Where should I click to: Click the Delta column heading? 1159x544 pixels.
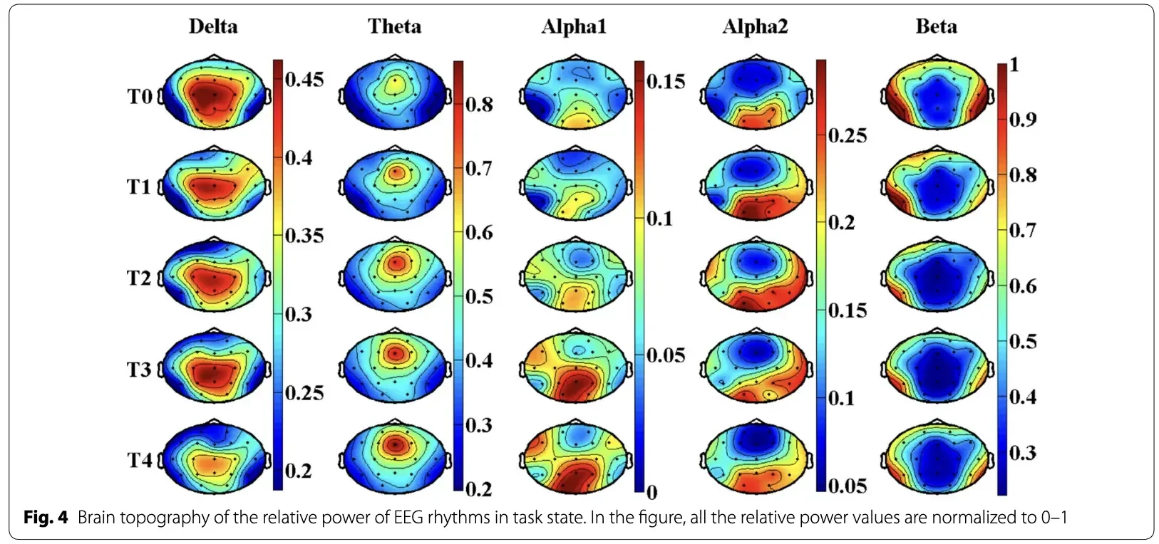click(x=213, y=26)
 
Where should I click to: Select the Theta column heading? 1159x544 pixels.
click(x=394, y=26)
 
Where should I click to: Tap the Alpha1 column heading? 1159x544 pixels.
click(x=574, y=26)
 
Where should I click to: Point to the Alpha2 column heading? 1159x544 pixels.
click(x=755, y=26)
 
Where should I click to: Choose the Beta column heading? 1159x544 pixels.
click(x=936, y=26)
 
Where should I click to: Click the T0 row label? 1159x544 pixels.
click(x=140, y=96)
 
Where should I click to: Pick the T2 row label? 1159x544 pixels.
click(x=140, y=278)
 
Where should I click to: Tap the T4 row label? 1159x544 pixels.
click(x=140, y=460)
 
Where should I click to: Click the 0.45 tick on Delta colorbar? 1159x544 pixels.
click(x=304, y=80)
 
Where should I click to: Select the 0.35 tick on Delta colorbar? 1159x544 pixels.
click(x=304, y=236)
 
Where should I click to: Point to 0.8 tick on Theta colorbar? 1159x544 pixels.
click(x=478, y=105)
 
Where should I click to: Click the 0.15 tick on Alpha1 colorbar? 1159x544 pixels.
click(x=665, y=82)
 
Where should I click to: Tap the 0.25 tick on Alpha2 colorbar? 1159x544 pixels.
click(x=847, y=135)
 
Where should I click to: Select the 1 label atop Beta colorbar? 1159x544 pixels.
click(x=1014, y=65)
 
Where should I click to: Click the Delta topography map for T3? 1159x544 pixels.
click(x=215, y=366)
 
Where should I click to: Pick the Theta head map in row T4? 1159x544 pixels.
click(x=395, y=457)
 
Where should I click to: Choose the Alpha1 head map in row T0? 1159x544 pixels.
click(x=575, y=93)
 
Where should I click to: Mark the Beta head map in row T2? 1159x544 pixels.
click(x=937, y=275)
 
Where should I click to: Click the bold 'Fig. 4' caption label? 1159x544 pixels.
click(x=46, y=517)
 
